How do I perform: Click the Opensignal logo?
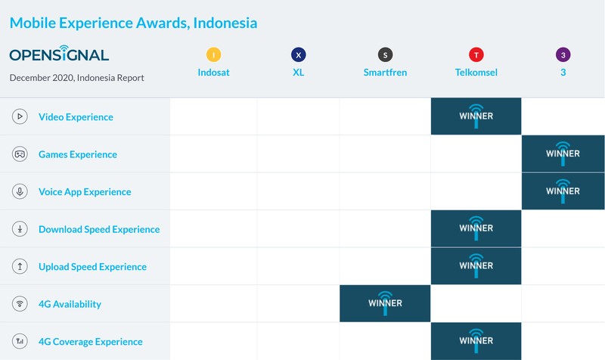point(59,54)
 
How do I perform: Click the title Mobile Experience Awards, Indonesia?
point(133,23)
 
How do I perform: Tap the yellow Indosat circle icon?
point(214,54)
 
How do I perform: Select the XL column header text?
point(298,73)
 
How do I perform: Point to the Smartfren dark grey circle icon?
point(386,54)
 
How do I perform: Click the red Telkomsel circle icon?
point(476,54)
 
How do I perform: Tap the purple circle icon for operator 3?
point(563,54)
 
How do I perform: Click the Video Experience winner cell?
point(476,116)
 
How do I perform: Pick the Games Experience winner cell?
point(563,154)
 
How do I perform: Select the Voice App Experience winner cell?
point(563,191)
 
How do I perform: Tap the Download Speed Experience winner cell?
point(476,229)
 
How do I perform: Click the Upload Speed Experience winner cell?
point(476,266)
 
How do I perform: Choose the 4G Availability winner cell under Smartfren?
point(385,304)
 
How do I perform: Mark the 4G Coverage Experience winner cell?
point(476,341)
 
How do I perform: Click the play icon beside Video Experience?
point(20,116)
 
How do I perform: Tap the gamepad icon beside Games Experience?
point(20,154)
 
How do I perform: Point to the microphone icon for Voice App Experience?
point(20,191)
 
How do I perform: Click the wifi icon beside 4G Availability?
point(20,304)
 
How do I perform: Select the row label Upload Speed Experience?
point(92,267)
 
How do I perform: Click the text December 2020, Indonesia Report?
point(76,78)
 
